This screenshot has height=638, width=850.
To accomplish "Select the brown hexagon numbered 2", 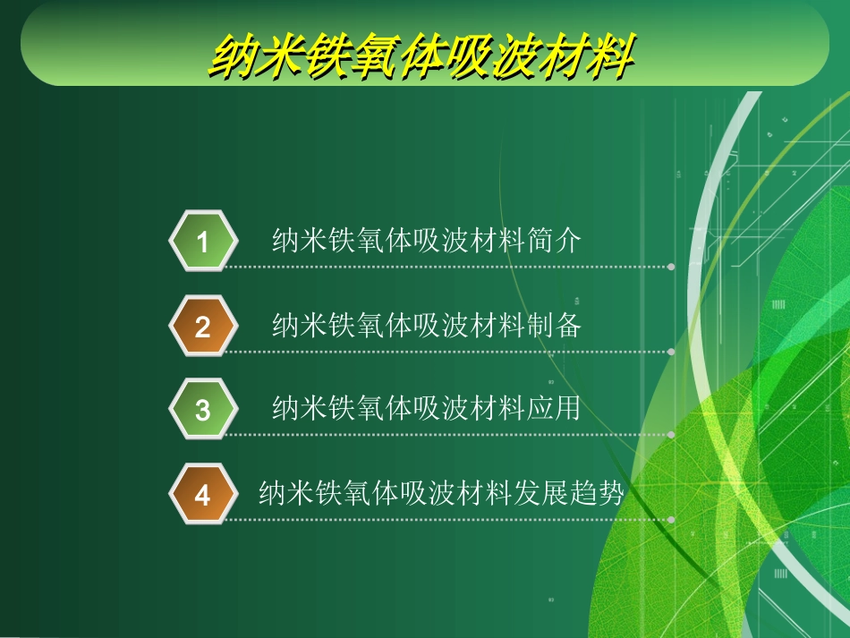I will click(203, 327).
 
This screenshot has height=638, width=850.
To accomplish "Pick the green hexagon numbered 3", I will click(203, 410).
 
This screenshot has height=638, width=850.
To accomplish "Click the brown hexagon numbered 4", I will click(203, 495).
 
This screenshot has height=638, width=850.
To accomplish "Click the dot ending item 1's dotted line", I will click(672, 267).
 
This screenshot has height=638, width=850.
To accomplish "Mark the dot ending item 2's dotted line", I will click(672, 352).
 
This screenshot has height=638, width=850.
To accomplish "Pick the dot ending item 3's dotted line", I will click(672, 435).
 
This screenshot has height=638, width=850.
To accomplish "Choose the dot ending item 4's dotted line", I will click(672, 519).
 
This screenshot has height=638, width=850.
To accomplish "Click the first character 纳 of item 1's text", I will click(285, 241).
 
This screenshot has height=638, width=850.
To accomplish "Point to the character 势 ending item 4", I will click(610, 493).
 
